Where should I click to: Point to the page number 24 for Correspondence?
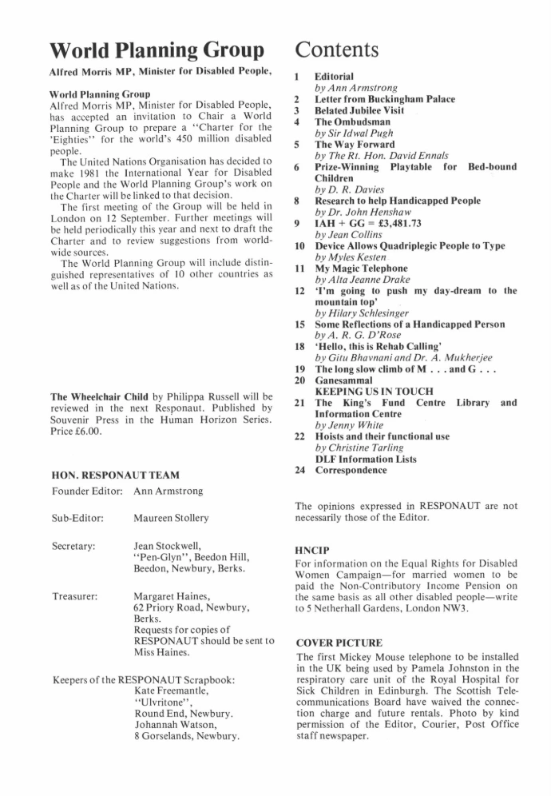pyautogui.click(x=301, y=470)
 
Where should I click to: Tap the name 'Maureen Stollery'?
pyautogui.click(x=171, y=518)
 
